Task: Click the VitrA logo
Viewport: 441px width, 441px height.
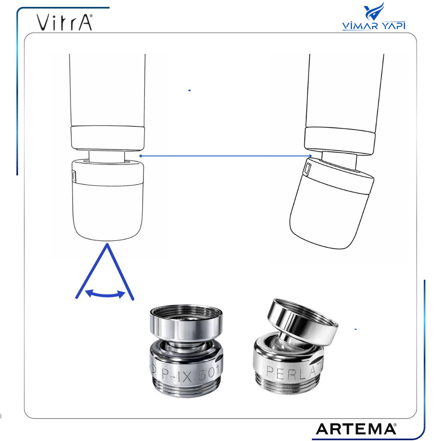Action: [x=65, y=22]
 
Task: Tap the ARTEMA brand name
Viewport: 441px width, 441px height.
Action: [x=356, y=429]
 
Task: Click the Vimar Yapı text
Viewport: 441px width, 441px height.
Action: [x=374, y=26]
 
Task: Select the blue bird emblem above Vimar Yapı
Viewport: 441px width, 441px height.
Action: [x=374, y=11]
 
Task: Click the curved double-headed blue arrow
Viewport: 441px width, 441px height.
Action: [x=105, y=294]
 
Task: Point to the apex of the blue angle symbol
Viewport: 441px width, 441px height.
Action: [x=107, y=244]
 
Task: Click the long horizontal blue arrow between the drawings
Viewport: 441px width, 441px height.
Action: [x=226, y=156]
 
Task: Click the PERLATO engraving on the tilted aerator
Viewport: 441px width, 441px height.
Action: [x=294, y=370]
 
